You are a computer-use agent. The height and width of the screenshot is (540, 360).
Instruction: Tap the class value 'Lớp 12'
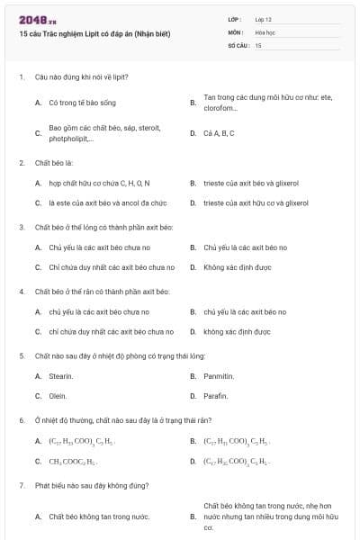click(x=263, y=19)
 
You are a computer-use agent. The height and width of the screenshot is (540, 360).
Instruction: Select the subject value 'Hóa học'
click(x=265, y=31)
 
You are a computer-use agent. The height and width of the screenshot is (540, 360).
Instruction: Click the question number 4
click(x=22, y=292)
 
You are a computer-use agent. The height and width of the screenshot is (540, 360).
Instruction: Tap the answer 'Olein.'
click(x=58, y=396)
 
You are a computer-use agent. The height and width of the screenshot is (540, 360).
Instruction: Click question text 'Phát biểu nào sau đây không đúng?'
click(x=89, y=485)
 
